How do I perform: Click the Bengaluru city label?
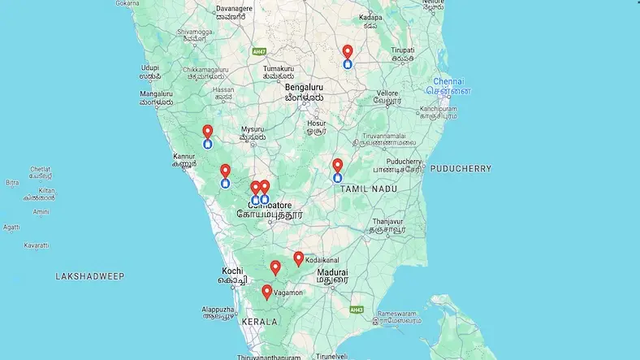tap(305, 87)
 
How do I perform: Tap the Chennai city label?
tap(448, 82)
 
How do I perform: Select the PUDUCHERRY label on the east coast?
tap(461, 169)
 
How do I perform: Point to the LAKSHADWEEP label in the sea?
tap(90, 276)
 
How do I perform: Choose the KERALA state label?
tap(259, 322)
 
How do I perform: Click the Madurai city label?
tap(332, 272)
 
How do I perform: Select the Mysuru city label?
tap(253, 130)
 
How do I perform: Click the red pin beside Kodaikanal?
tap(298, 258)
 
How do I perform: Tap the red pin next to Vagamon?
tap(267, 291)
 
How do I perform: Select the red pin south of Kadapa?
tap(348, 51)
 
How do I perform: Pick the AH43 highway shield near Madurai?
tap(356, 310)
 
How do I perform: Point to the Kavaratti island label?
tap(37, 245)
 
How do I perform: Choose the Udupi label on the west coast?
tap(149, 68)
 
